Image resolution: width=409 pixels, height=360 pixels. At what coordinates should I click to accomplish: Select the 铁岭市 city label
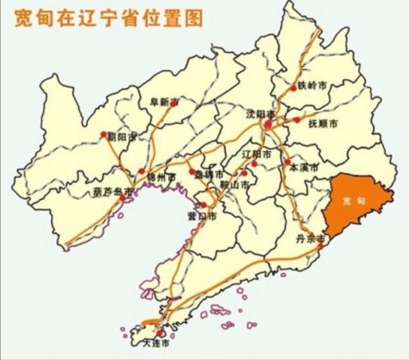point(312,85)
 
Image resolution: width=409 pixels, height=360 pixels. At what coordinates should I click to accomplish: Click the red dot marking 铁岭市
point(294,88)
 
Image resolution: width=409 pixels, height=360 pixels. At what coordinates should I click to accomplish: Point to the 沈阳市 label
point(261,114)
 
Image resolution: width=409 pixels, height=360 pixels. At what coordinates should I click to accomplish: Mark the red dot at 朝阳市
point(104,134)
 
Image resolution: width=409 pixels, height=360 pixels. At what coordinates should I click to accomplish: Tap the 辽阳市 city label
point(258,155)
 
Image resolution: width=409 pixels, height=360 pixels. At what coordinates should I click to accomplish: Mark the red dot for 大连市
point(158,333)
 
